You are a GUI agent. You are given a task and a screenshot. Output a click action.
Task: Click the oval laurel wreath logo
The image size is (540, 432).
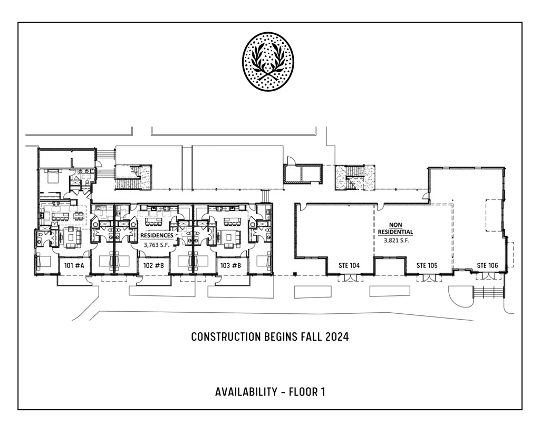(x=268, y=62)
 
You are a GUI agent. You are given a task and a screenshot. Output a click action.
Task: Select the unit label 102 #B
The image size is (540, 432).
(x=153, y=266)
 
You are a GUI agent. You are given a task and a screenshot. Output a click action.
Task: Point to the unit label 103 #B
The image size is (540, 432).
(x=230, y=266)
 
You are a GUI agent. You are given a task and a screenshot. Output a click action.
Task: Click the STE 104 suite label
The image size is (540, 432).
(x=349, y=265)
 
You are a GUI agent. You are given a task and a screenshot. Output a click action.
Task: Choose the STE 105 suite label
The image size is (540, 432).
(x=427, y=265)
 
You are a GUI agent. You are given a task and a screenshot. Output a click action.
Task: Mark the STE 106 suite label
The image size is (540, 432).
(x=487, y=265)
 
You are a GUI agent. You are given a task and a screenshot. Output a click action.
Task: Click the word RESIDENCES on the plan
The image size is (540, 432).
(x=157, y=236)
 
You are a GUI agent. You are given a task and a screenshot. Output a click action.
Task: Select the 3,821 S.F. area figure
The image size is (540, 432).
(x=397, y=240)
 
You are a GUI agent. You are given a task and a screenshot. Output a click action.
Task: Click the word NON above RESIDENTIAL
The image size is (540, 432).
(x=396, y=225)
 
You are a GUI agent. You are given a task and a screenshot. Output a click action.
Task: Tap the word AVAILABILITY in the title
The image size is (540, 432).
(x=246, y=392)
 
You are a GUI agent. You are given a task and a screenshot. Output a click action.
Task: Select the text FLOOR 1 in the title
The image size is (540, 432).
(x=307, y=392)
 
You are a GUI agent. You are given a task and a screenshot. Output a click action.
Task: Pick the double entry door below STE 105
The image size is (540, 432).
(x=427, y=277)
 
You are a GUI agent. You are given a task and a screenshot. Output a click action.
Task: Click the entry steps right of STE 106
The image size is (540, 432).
(x=489, y=293)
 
